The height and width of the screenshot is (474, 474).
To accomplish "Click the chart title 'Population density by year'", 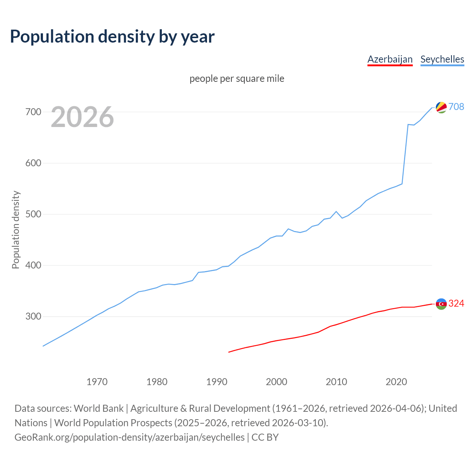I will tap(112, 36).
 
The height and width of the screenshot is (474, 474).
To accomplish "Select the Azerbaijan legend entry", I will tap(390, 59).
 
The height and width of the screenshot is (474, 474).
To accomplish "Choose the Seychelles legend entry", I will tap(442, 59).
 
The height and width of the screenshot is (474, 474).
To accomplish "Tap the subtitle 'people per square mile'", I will tap(237, 79).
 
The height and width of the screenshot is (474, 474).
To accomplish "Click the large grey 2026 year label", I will tap(82, 117).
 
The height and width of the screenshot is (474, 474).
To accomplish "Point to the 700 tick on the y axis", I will tap(33, 112).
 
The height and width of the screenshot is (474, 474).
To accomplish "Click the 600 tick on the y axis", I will tap(33, 163).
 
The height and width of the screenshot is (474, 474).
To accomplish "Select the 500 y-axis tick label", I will tap(33, 214).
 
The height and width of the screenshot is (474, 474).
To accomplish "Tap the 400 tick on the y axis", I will tap(33, 266).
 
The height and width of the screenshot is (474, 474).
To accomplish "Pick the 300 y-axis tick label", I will tap(33, 317).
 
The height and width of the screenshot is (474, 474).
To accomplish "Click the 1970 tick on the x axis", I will tap(97, 382).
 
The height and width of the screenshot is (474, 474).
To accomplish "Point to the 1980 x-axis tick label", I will tap(157, 382).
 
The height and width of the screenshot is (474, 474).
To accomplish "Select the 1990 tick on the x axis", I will tap(217, 382).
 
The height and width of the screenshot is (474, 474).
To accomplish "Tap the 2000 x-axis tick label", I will tap(277, 382).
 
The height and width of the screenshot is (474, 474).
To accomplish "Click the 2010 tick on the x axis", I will tap(336, 382).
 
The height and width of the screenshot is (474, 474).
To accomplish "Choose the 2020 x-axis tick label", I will tap(396, 382).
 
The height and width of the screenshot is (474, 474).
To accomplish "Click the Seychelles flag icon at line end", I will tap(441, 107).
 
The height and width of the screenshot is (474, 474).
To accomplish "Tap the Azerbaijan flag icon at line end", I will tap(441, 304).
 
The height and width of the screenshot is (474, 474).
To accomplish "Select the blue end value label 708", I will tap(456, 107).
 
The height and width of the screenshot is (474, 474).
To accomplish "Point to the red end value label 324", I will tap(456, 304).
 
